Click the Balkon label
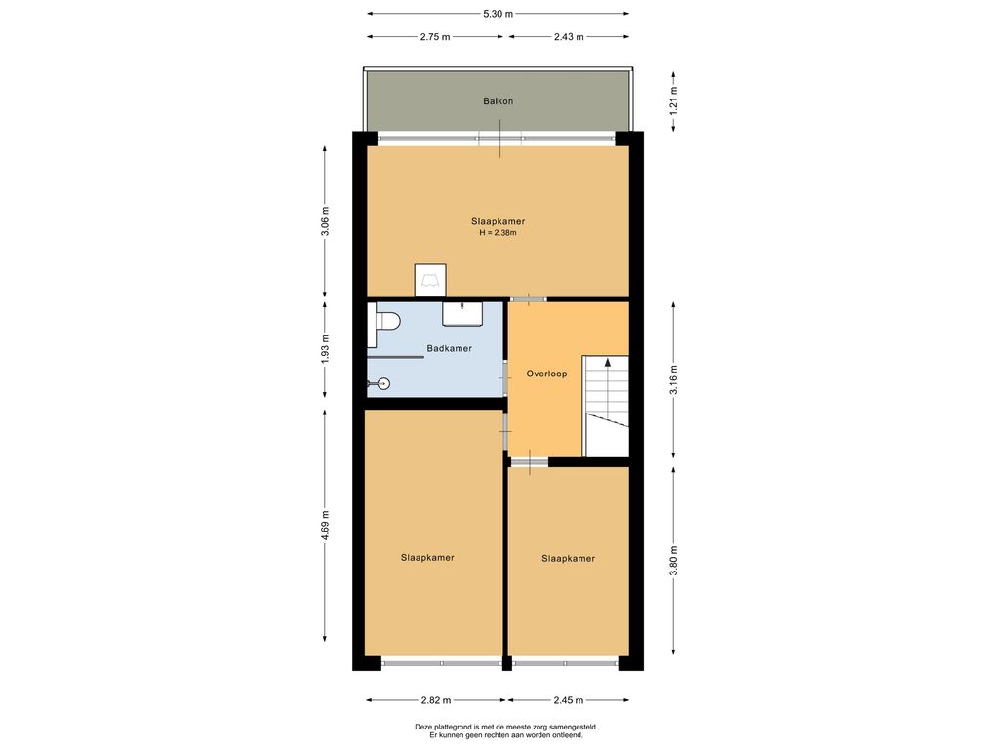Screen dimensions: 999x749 (x=498, y=101)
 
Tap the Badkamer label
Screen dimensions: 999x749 (x=449, y=348)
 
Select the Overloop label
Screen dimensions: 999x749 (x=546, y=374)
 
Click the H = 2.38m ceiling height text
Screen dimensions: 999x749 (x=499, y=233)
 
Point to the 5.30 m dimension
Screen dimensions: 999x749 (x=498, y=14)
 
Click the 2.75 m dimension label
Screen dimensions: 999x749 (x=434, y=37)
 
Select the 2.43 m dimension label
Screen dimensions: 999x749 (x=569, y=37)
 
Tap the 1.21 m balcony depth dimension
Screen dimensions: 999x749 (x=674, y=100)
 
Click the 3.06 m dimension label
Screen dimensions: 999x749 (x=325, y=220)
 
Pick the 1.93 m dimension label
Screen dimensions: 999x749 (x=325, y=349)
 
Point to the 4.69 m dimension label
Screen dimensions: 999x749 (x=325, y=526)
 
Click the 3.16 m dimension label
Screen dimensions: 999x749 (x=674, y=379)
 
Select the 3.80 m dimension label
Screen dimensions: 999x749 (x=674, y=561)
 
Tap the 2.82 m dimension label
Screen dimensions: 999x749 (x=436, y=700)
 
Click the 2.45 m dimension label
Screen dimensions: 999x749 (x=569, y=700)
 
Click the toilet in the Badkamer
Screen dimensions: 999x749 (x=383, y=321)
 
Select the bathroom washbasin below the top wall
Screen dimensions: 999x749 (x=462, y=314)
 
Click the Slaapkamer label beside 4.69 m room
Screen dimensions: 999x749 (x=427, y=558)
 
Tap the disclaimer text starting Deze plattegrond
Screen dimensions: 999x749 (x=506, y=730)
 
